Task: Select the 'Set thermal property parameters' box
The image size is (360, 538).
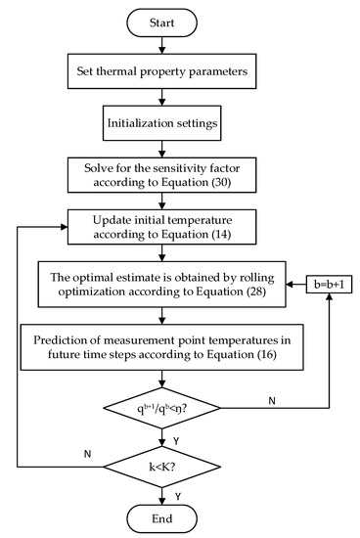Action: click(x=179, y=70)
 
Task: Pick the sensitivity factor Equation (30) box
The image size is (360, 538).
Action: click(x=179, y=177)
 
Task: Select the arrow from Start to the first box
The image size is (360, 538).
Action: click(x=179, y=46)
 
